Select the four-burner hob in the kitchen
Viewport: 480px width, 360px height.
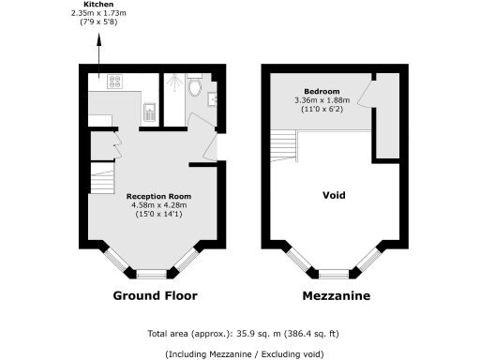[120, 82]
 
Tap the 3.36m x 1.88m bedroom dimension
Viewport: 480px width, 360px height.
[322, 101]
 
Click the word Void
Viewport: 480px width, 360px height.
[334, 196]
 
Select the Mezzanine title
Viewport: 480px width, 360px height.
[336, 296]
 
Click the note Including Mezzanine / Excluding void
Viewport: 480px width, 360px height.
[244, 353]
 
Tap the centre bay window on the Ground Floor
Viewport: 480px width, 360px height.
[150, 275]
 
